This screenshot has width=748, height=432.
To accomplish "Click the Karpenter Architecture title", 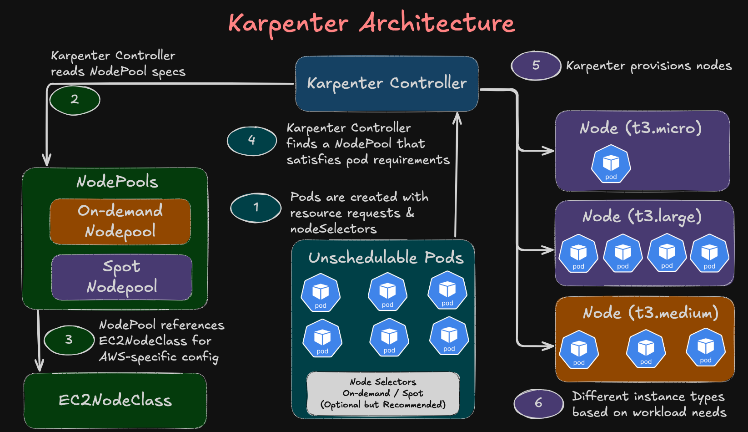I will pyautogui.click(x=371, y=23).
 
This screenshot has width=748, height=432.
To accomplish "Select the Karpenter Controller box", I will pyautogui.click(x=387, y=83).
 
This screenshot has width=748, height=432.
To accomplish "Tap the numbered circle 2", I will pyautogui.click(x=75, y=100).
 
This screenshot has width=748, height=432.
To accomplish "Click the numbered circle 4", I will pyautogui.click(x=251, y=141).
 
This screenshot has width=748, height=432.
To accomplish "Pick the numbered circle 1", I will pyautogui.click(x=256, y=208).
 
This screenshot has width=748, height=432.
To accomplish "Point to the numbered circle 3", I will pyautogui.click(x=69, y=340).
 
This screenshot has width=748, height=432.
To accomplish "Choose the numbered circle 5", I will pyautogui.click(x=536, y=66).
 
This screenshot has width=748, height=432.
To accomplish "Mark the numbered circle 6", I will pyautogui.click(x=538, y=403).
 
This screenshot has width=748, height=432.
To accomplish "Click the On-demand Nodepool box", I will pyautogui.click(x=120, y=221).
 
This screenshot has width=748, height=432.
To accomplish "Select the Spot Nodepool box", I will pyautogui.click(x=121, y=277).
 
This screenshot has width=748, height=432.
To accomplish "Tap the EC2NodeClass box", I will pyautogui.click(x=115, y=400).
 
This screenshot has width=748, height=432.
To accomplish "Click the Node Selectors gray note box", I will pyautogui.click(x=383, y=393).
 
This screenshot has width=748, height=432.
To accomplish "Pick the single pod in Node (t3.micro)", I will pyautogui.click(x=611, y=164).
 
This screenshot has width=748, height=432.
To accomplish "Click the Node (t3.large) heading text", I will pyautogui.click(x=642, y=216).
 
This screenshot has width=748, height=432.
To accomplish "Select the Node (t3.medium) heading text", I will pyautogui.click(x=650, y=313).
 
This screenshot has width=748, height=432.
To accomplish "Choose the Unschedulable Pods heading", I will pyautogui.click(x=386, y=258).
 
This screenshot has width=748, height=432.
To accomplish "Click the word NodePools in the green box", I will pyautogui.click(x=117, y=182).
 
